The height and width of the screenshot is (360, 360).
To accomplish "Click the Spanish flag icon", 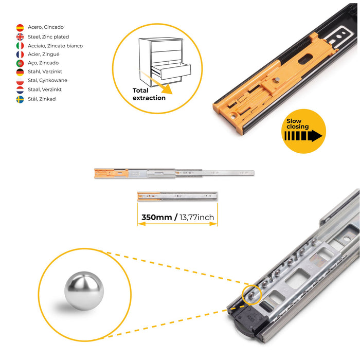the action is [x=20, y=28].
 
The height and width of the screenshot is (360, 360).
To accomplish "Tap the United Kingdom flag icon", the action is [x=20, y=37].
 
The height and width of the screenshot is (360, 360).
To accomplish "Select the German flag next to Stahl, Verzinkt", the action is [x=20, y=72].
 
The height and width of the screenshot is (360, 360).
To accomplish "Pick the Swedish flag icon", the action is [x=20, y=99].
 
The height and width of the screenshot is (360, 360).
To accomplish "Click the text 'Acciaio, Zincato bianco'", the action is [x=55, y=46].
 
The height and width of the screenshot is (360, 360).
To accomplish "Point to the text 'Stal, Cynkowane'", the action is [x=47, y=80].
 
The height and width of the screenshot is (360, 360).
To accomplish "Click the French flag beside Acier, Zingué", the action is [x=20, y=55].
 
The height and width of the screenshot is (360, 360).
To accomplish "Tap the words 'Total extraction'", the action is [x=149, y=94].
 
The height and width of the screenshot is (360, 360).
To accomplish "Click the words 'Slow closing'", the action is [x=298, y=124].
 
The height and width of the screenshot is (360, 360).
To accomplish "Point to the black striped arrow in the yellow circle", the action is [x=303, y=136].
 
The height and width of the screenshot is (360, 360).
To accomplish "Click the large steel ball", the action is [x=84, y=291].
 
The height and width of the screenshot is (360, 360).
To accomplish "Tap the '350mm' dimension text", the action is [x=156, y=217].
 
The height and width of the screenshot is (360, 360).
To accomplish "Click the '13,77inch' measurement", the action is [x=196, y=217].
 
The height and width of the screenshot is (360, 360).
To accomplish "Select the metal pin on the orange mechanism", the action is [x=277, y=80].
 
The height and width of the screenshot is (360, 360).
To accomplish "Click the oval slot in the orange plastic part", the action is [x=305, y=59].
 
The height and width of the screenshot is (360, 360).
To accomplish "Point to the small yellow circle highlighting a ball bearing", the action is [x=251, y=295].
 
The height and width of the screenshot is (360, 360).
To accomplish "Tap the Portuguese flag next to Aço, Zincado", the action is [x=20, y=63].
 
